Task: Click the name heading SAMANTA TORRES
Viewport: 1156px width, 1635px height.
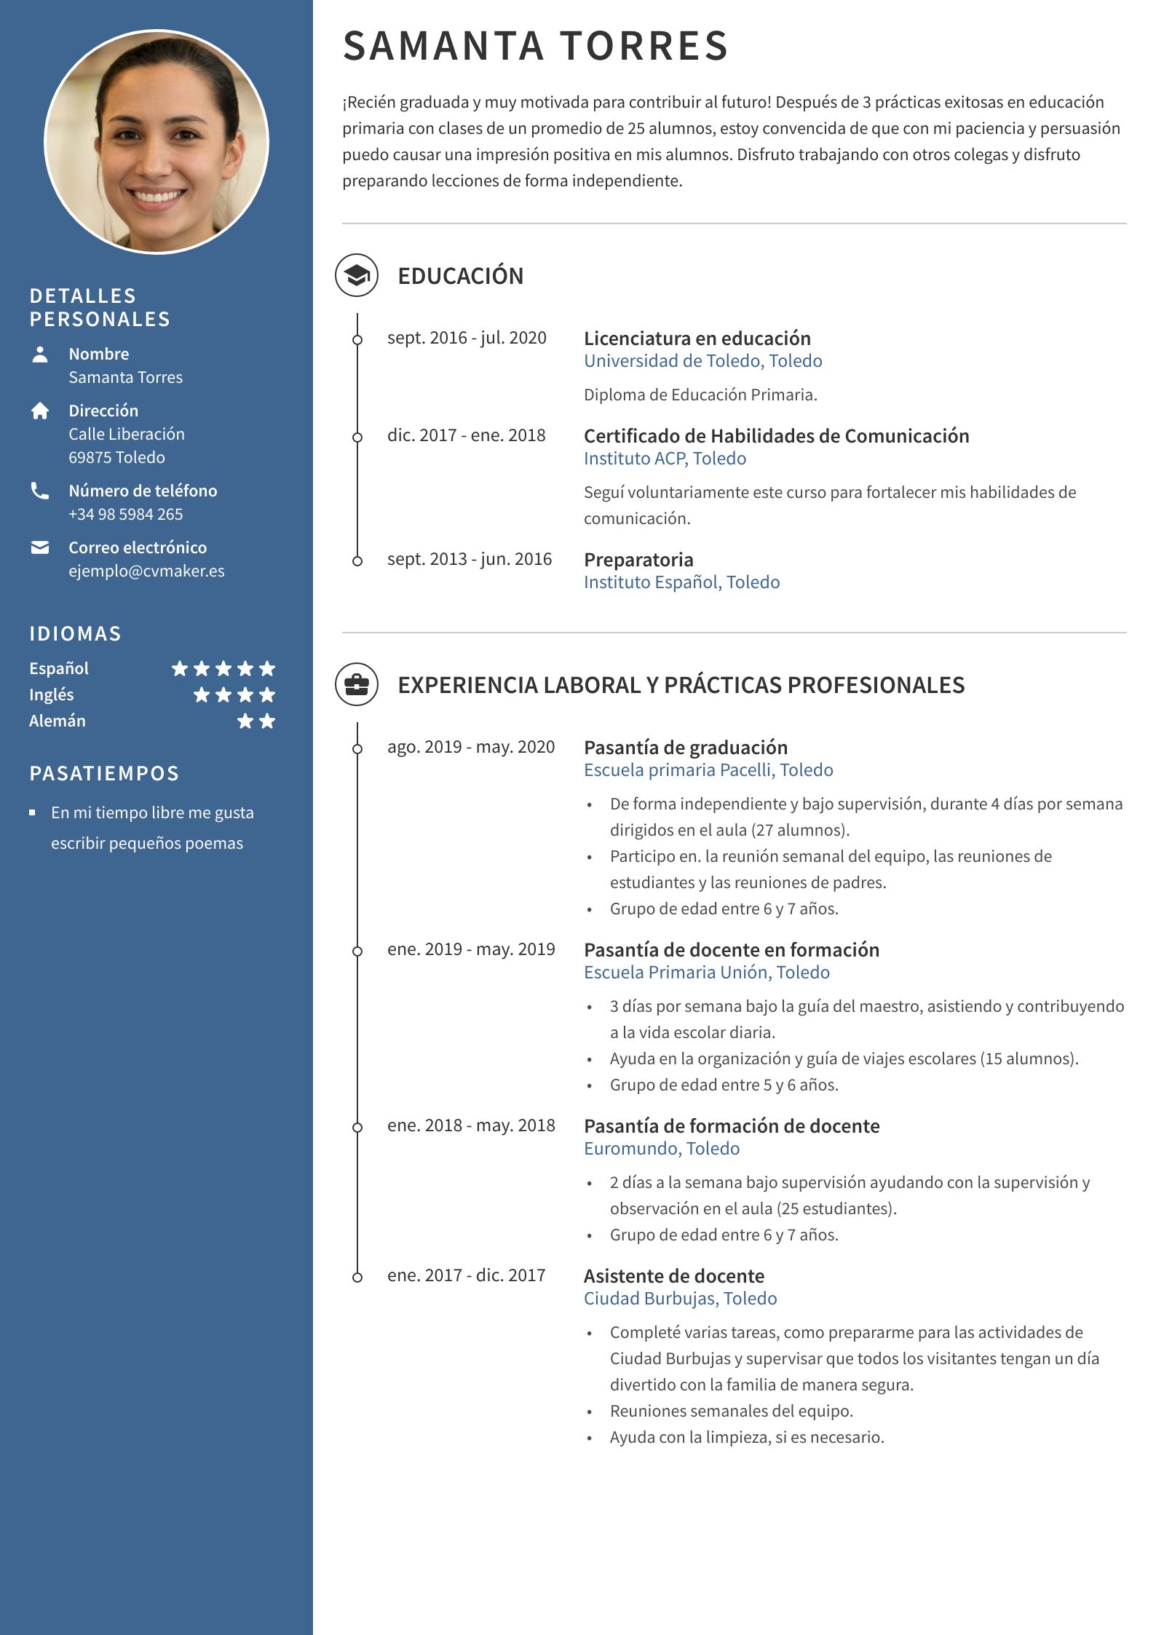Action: (x=535, y=46)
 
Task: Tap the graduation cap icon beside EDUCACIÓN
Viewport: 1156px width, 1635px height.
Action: (x=357, y=275)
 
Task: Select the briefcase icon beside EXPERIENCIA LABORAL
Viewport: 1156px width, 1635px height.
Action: (x=357, y=684)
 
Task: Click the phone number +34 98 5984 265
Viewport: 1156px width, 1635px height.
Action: (x=125, y=514)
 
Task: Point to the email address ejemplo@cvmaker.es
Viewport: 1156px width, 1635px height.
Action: (x=146, y=571)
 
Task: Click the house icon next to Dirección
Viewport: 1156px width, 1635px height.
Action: (x=40, y=411)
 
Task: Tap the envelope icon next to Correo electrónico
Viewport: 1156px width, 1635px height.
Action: (x=40, y=547)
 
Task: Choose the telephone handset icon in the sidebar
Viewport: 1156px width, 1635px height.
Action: (x=40, y=491)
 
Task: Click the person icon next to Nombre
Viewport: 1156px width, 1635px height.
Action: (x=40, y=354)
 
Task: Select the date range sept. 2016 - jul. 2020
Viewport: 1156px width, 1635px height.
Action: (x=467, y=338)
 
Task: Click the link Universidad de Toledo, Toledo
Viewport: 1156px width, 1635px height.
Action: (x=702, y=361)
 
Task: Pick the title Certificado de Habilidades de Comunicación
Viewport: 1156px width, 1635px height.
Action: (x=776, y=436)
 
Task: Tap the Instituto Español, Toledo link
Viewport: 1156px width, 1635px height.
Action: (x=681, y=582)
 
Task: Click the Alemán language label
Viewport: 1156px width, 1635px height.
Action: (x=58, y=721)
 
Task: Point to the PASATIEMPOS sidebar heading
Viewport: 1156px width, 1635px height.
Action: (x=104, y=773)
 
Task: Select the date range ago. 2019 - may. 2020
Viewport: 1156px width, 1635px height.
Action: (x=470, y=747)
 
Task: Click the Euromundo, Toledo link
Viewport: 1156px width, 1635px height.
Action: (x=661, y=1149)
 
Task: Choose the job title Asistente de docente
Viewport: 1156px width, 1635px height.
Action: (x=673, y=1276)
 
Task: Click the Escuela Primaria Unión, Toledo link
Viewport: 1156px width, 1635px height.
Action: (x=706, y=973)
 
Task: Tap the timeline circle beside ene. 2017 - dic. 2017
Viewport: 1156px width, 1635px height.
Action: (x=357, y=1278)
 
